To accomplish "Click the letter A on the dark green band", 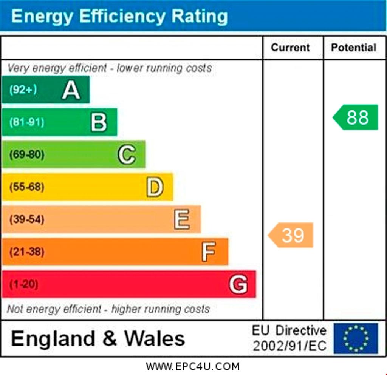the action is pyautogui.click(x=71, y=90).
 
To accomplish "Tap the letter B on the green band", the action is pyautogui.click(x=99, y=122).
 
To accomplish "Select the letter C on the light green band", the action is pyautogui.click(x=127, y=154).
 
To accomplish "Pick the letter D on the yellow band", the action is pyautogui.click(x=155, y=187).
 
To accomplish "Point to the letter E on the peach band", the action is pyautogui.click(x=182, y=219).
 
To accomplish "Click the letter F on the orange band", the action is pyautogui.click(x=209, y=252).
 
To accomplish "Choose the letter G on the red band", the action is pyautogui.click(x=238, y=284).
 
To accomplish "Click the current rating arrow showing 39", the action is pyautogui.click(x=291, y=235).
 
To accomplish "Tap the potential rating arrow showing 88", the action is pyautogui.click(x=355, y=117).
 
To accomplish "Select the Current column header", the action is pyautogui.click(x=290, y=48).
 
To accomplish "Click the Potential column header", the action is pyautogui.click(x=353, y=48).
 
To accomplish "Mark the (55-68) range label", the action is pyautogui.click(x=27, y=187).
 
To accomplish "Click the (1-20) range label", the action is pyautogui.click(x=24, y=284).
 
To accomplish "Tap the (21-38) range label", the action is pyautogui.click(x=27, y=252).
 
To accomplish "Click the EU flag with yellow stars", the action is pyautogui.click(x=356, y=338).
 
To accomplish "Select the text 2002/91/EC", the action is pyautogui.click(x=290, y=346).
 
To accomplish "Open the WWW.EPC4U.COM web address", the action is pyautogui.click(x=192, y=367).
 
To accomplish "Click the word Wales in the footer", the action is pyautogui.click(x=155, y=338).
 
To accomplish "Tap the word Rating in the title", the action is pyautogui.click(x=200, y=16).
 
